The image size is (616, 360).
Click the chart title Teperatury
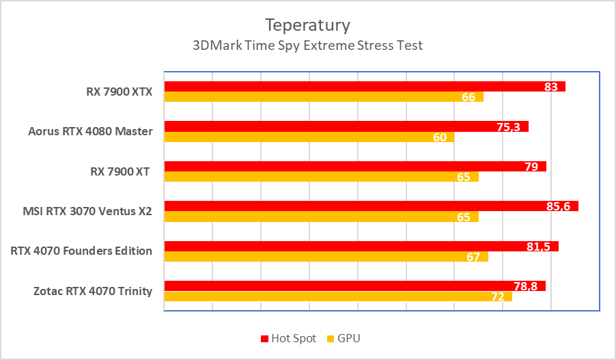click(x=307, y=25)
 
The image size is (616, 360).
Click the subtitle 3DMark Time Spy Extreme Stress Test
click(x=307, y=46)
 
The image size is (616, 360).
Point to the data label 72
click(x=497, y=296)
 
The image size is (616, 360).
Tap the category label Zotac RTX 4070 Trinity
click(x=92, y=292)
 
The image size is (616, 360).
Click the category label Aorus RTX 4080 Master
click(x=90, y=131)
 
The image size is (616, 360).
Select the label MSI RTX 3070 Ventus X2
click(x=87, y=211)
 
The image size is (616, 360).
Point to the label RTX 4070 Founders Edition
click(x=81, y=251)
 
